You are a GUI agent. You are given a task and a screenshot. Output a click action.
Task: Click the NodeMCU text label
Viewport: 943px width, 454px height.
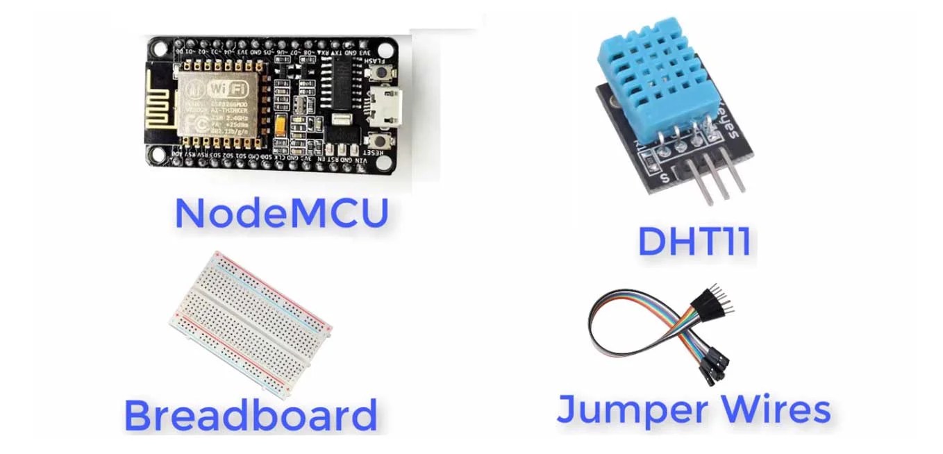pos(281,213)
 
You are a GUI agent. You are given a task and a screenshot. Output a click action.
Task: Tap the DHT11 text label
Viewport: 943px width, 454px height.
pos(694,242)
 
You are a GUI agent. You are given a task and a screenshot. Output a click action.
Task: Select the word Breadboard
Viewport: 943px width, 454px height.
pos(250,414)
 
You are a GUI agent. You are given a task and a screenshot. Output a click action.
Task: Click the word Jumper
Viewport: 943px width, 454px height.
pos(621,410)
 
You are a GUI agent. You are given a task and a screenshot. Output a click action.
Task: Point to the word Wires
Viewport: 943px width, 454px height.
pos(775,409)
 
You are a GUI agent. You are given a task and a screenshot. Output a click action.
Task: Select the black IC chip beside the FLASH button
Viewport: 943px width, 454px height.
pos(342,82)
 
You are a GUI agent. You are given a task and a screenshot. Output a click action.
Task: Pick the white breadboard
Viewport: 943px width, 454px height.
pos(250,323)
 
